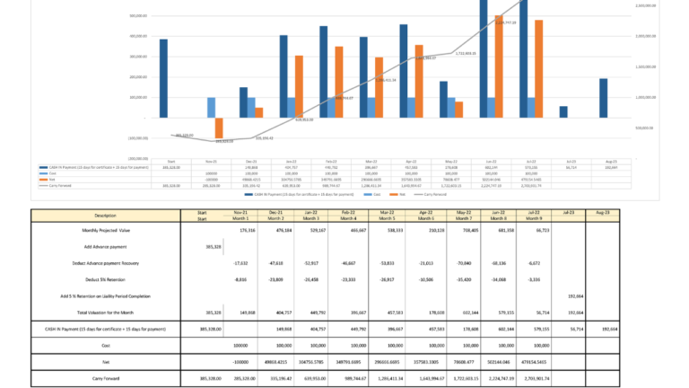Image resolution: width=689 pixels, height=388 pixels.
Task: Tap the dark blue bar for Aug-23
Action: point(603,98)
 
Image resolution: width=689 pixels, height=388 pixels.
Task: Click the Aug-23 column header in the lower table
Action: point(603,213)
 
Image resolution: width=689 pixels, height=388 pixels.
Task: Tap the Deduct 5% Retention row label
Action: point(105,279)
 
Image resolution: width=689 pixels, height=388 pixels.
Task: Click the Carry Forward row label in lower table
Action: point(105,378)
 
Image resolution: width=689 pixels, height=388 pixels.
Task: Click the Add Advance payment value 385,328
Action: point(188,246)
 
